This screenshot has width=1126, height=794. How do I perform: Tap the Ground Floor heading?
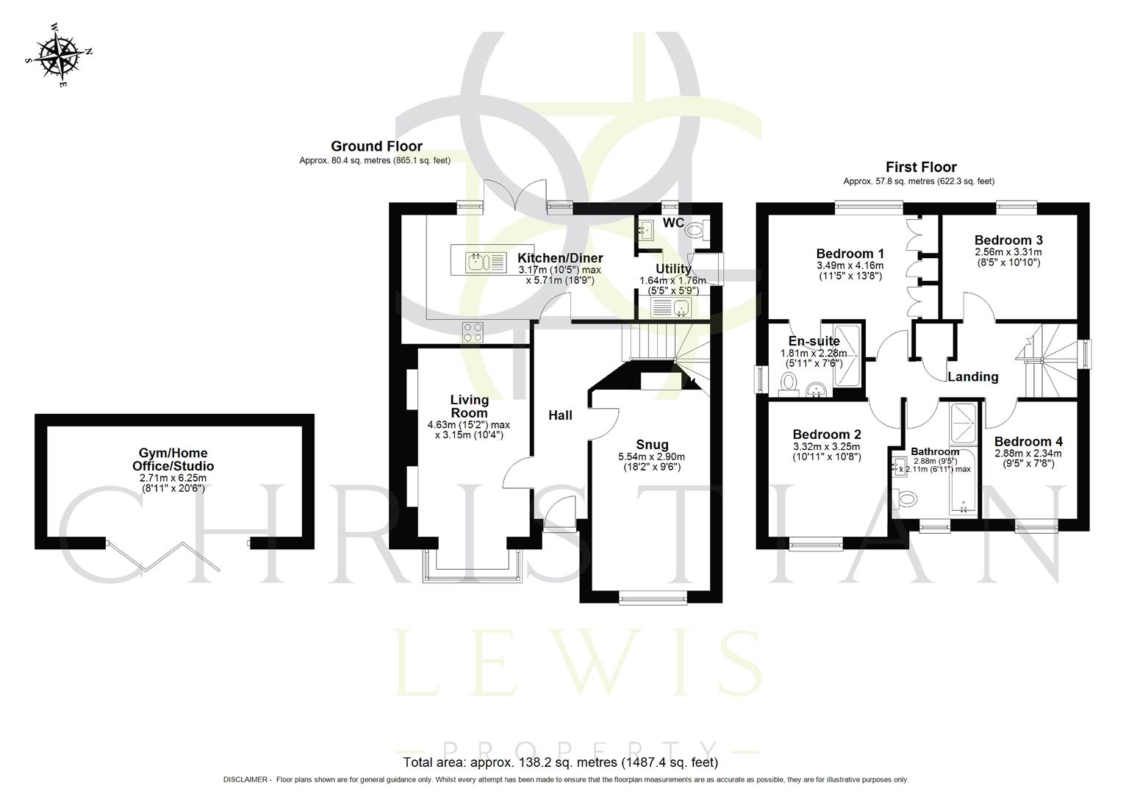click(x=376, y=146)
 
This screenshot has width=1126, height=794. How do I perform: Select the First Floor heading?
click(x=921, y=167)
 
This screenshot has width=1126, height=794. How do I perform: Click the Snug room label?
click(x=652, y=445)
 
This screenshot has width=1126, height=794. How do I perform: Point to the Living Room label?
click(x=469, y=406)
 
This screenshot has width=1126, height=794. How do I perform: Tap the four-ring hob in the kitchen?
click(x=473, y=332)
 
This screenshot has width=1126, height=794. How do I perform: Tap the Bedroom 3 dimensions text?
click(x=1008, y=257)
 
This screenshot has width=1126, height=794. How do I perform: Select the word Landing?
click(x=972, y=377)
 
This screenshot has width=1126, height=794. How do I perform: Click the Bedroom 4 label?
click(x=1028, y=442)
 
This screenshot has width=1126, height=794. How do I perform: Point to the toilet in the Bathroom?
click(x=906, y=499)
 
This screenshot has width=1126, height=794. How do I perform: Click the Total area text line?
click(x=560, y=762)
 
